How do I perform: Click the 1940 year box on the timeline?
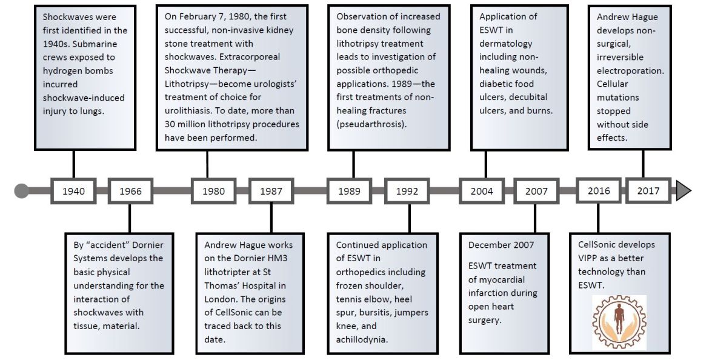pyautogui.click(x=73, y=191)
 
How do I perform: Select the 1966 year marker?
pyautogui.click(x=130, y=191)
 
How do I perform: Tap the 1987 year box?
pyautogui.click(x=271, y=191)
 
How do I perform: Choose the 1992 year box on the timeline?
pyautogui.click(x=407, y=191)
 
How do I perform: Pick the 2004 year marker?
pyautogui.click(x=482, y=191)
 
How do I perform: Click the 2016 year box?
pyautogui.click(x=599, y=191)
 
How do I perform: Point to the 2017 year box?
pyautogui.click(x=648, y=191)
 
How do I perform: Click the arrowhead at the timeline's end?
pyautogui.click(x=684, y=191)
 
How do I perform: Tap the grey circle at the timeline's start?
pyautogui.click(x=21, y=191)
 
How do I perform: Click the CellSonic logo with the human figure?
pyautogui.click(x=619, y=322)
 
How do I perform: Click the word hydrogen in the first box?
pyautogui.click(x=61, y=71)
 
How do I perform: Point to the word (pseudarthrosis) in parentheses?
pyautogui.click(x=371, y=124)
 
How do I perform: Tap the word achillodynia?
pyautogui.click(x=361, y=339)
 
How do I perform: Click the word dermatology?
pyautogui.click(x=505, y=44)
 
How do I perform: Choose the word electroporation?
pyautogui.click(x=630, y=71)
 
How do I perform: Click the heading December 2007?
pyautogui.click(x=501, y=245)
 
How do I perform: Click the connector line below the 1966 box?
pyautogui.click(x=130, y=218)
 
